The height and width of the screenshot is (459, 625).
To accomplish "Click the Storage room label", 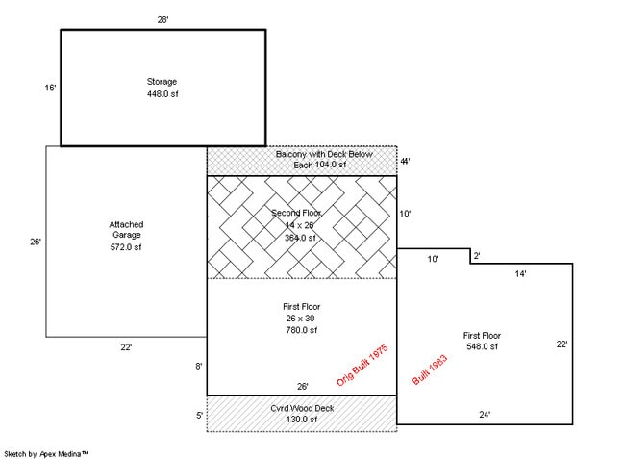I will click(162, 82).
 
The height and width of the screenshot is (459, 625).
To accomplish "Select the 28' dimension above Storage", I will click(163, 18).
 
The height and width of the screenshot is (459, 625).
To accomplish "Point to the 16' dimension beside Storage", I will click(50, 88).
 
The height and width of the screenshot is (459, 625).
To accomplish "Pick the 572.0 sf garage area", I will click(126, 247).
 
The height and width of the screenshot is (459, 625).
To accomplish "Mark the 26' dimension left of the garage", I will click(36, 242).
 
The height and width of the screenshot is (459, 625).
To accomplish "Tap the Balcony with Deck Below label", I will click(302, 154).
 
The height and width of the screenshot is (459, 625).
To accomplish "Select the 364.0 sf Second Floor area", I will click(300, 237).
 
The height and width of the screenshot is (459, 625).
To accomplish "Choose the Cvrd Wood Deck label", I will click(302, 407).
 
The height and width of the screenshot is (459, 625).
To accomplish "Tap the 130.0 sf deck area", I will click(301, 419).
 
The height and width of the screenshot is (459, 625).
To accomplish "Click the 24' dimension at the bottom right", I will click(485, 415).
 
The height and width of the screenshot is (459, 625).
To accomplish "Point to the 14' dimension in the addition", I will click(520, 273).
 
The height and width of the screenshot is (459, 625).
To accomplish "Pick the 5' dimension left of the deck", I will click(200, 415).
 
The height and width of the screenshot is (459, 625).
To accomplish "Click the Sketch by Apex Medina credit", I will click(47, 451).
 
